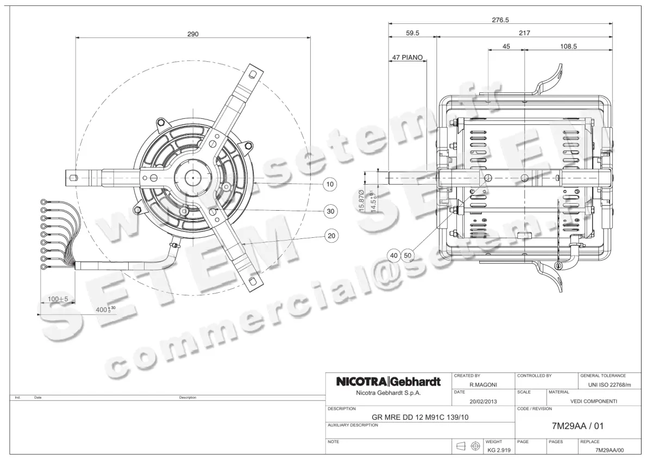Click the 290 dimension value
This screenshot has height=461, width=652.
193,34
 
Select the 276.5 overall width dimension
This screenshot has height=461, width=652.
500,20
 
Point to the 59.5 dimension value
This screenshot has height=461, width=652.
412,33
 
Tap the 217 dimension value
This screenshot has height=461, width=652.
524,33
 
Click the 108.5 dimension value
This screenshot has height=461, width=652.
568,47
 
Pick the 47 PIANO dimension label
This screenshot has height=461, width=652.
407,57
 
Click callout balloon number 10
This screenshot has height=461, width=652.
330,184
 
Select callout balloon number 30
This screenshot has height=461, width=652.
330,210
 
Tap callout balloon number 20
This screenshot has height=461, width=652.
330,236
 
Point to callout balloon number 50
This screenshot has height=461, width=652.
408,254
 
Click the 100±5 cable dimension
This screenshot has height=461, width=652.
58,299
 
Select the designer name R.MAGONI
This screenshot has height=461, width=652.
481,384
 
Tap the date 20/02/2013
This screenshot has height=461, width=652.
482,402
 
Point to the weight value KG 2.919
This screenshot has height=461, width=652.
499,450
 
